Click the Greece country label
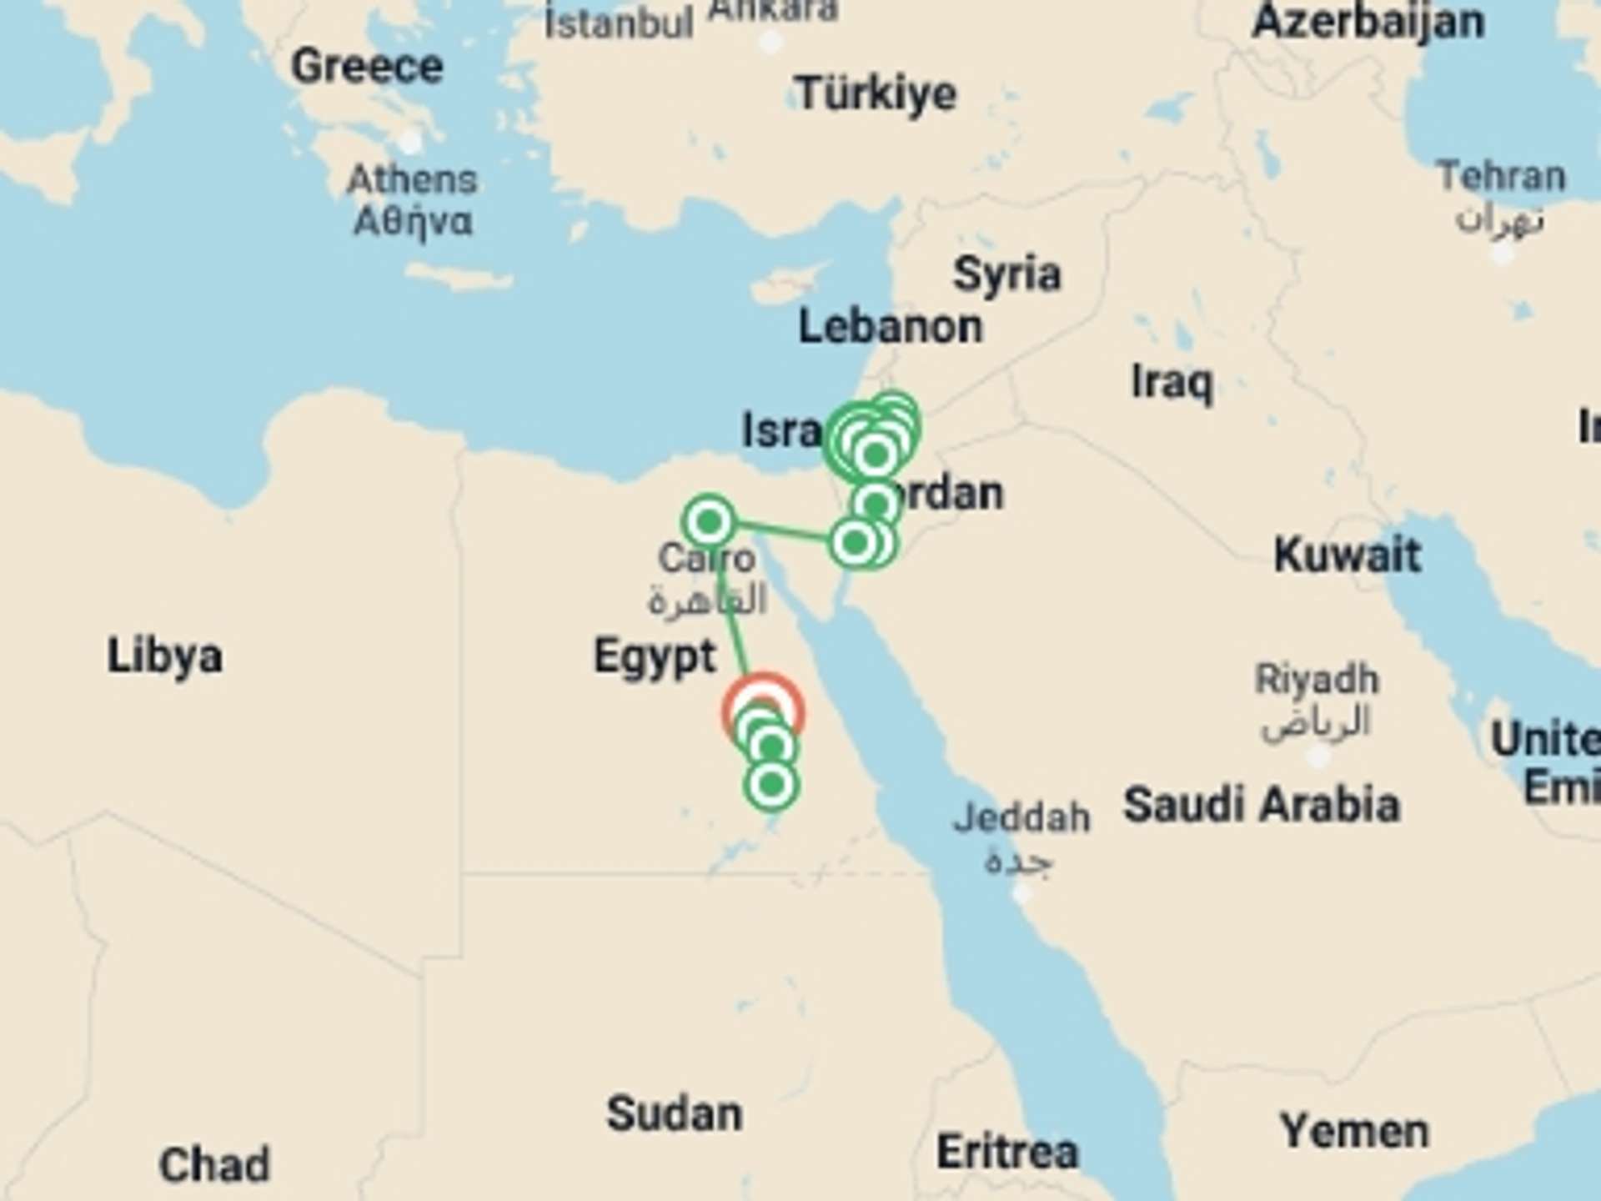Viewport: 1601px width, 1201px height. tap(367, 66)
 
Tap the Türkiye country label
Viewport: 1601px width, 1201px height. tap(876, 93)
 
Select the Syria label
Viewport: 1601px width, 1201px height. tap(1007, 274)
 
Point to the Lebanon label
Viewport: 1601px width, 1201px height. tap(891, 326)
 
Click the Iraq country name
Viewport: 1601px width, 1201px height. tap(1172, 383)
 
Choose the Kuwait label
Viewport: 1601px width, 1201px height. tap(1348, 555)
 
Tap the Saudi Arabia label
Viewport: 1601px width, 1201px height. tap(1261, 805)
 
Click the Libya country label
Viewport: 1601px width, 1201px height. tap(165, 656)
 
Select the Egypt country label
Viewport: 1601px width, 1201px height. tap(655, 656)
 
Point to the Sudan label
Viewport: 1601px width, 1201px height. tap(674, 1113)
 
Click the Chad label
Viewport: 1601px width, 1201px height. tap(214, 1164)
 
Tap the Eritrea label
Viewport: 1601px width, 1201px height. tap(1007, 1152)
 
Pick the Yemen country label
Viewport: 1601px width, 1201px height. tap(1354, 1131)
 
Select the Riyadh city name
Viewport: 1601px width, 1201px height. tap(1317, 679)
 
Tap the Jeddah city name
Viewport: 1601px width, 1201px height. tap(1021, 817)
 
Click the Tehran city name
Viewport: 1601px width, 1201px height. tap(1501, 177)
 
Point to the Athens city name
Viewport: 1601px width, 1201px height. tap(412, 179)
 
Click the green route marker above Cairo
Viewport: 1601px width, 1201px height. tap(709, 522)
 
